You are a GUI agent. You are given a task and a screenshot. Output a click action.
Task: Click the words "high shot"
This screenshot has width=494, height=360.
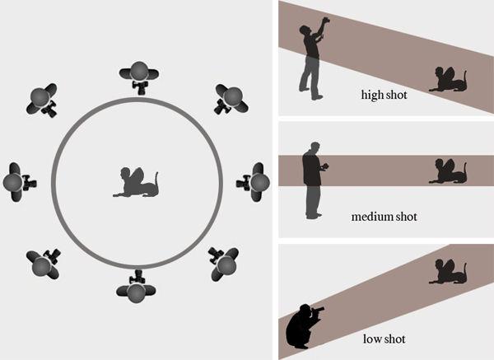coord(384,95)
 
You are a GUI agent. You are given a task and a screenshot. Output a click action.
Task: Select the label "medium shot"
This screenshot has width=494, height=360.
coord(384,217)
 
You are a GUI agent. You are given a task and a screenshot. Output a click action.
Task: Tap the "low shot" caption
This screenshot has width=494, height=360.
coord(384,339)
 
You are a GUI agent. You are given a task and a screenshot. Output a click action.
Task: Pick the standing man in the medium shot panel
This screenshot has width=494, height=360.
coord(313,181)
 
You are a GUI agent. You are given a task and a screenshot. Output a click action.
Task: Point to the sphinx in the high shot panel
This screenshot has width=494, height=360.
coord(448,80)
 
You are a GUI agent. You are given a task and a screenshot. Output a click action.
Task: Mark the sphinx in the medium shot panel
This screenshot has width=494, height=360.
coord(448,172)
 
